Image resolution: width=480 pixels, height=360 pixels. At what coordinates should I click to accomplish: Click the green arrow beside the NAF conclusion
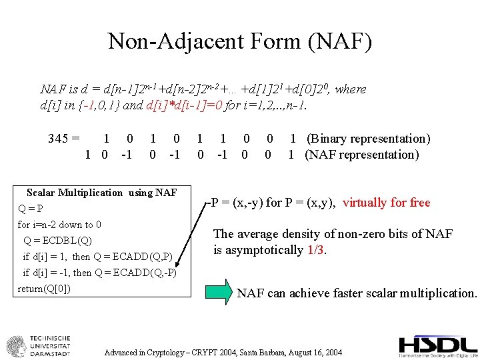[219, 292]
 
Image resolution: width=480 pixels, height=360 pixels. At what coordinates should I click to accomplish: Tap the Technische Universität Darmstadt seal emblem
[17, 347]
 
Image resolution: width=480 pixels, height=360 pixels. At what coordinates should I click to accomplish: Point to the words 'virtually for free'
[387, 203]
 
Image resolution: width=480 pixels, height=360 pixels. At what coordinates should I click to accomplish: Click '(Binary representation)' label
[368, 139]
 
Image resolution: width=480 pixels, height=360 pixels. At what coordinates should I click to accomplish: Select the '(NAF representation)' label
[362, 155]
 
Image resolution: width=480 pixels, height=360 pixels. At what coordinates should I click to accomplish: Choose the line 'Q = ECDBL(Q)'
[58, 241]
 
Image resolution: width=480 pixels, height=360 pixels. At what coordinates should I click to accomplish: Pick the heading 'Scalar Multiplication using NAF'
[101, 193]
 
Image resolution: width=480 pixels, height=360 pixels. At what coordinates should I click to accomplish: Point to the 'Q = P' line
[30, 209]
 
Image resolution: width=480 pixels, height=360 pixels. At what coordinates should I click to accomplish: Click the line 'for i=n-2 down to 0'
[59, 225]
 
